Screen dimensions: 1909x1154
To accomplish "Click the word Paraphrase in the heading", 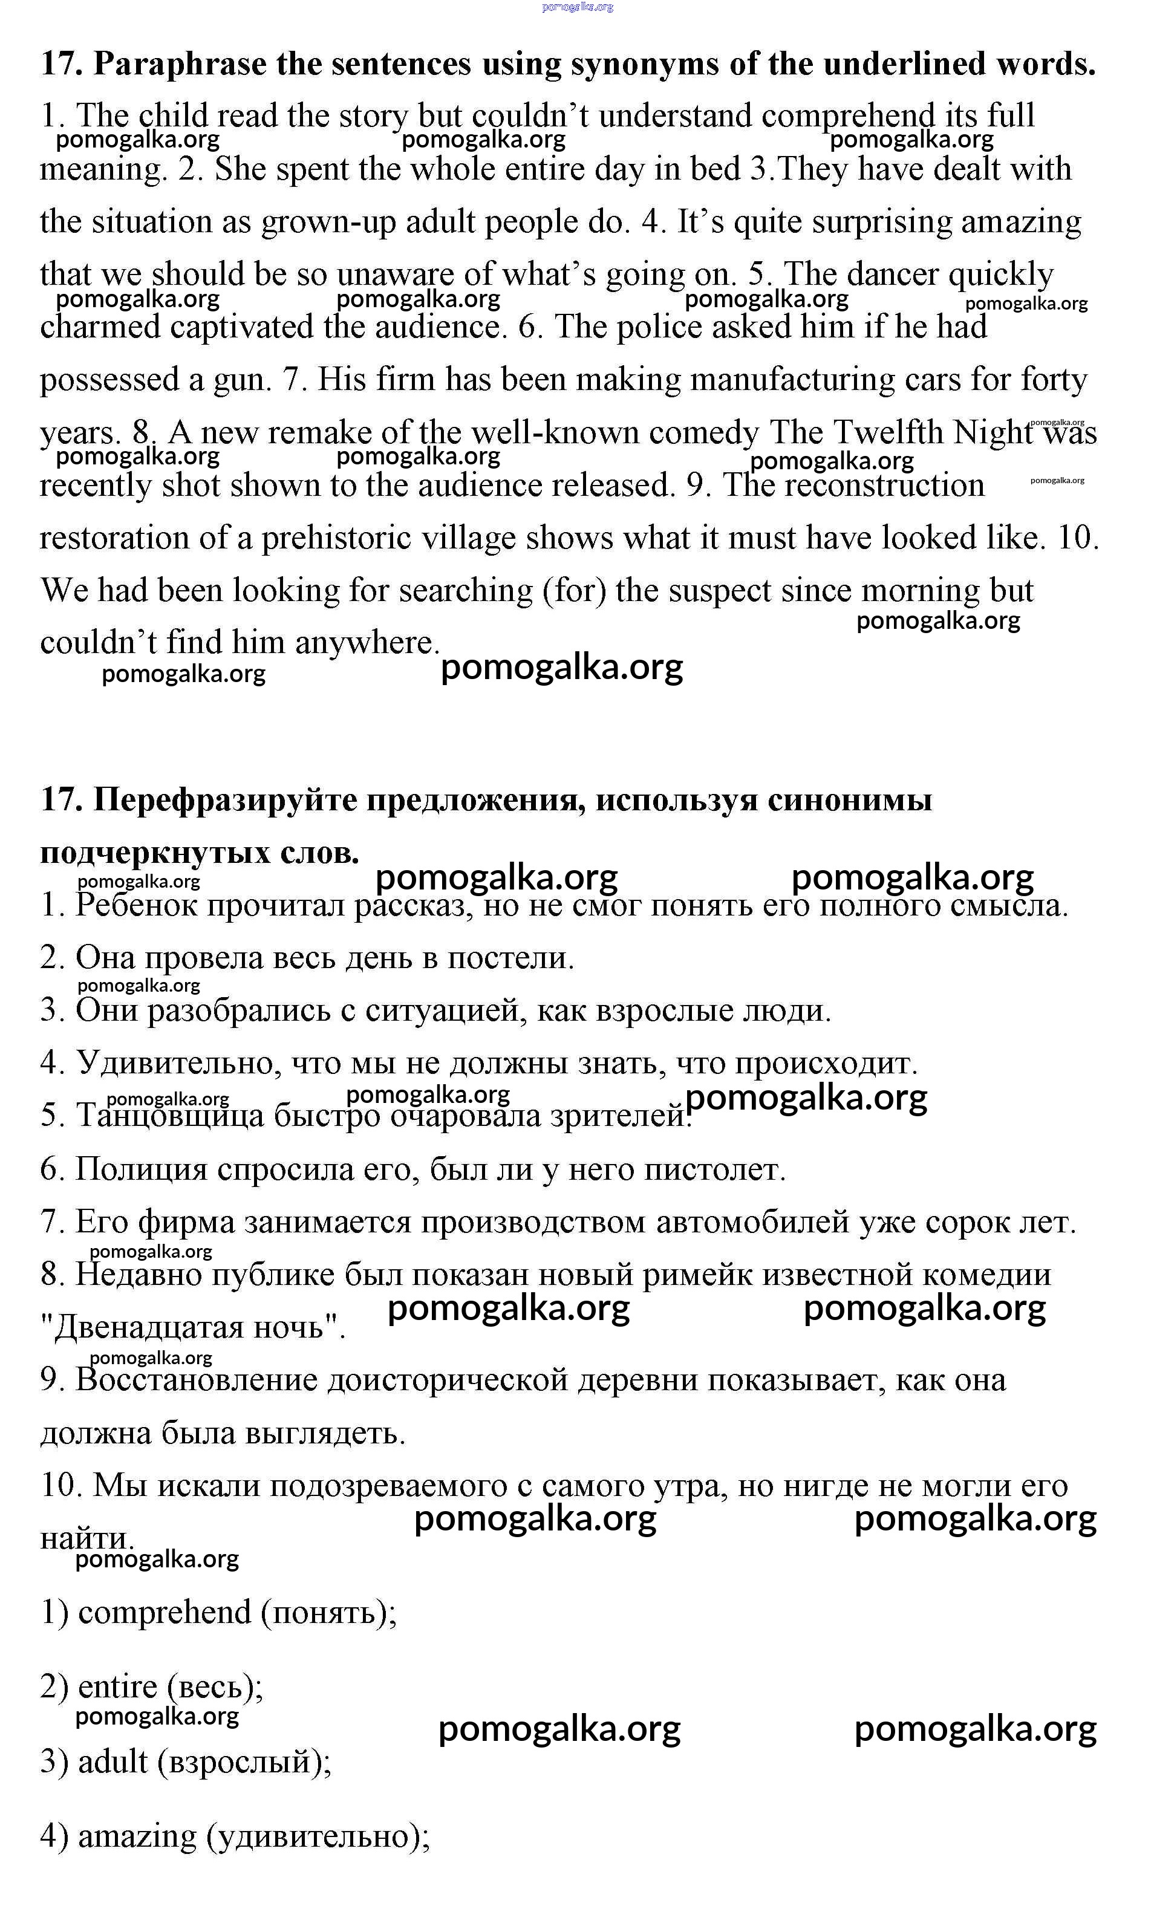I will [x=179, y=64].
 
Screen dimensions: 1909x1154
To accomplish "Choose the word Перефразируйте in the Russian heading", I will [x=224, y=799].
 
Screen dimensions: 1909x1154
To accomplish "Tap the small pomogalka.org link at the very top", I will [x=578, y=7].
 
